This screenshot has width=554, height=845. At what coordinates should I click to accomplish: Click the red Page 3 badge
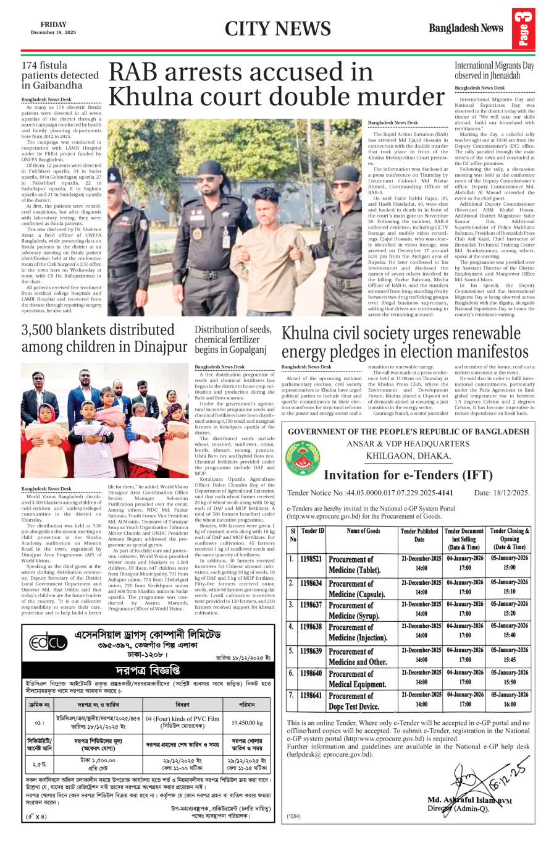pyautogui.click(x=523, y=30)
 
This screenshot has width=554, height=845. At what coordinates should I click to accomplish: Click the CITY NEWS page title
pyautogui.click(x=277, y=29)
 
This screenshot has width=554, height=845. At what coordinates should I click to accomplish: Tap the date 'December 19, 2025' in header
pyautogui.click(x=53, y=33)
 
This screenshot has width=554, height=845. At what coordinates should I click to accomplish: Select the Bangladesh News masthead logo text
pyautogui.click(x=466, y=28)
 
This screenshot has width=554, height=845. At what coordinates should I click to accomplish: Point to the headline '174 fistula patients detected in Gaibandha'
pyautogui.click(x=60, y=75)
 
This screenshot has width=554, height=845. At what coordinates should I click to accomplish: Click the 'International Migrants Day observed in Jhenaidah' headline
pyautogui.click(x=494, y=70)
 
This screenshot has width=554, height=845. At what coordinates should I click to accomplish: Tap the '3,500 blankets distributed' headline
pyautogui.click(x=98, y=330)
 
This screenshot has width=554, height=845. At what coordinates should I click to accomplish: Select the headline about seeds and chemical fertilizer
pyautogui.click(x=233, y=339)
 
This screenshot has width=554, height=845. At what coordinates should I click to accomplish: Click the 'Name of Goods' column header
pyautogui.click(x=363, y=530)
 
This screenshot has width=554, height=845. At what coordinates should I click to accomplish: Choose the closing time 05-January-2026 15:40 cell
pyautogui.click(x=510, y=631)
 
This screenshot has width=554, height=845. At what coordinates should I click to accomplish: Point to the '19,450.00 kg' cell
pyautogui.click(x=247, y=722)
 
